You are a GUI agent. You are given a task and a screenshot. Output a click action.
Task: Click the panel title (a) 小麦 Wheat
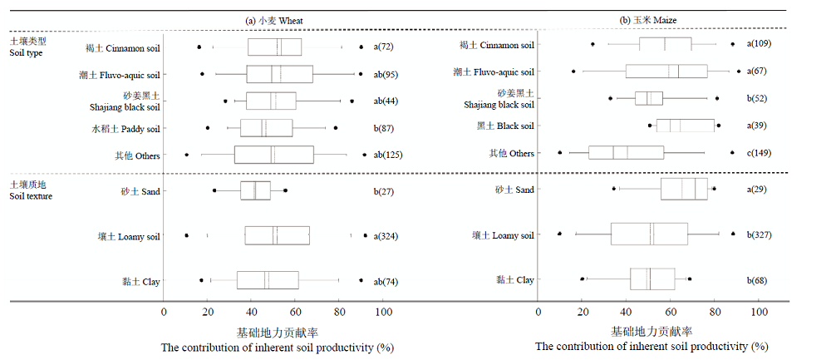click(x=274, y=21)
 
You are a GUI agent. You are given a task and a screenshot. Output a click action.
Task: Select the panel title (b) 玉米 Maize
click(x=648, y=20)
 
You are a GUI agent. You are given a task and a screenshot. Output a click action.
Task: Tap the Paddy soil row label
click(x=125, y=128)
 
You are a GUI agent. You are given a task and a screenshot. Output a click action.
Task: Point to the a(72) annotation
click(x=383, y=47)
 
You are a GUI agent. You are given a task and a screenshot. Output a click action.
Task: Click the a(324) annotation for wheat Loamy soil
click(x=386, y=236)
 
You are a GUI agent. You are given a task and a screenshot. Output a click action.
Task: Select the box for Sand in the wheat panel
click(x=255, y=191)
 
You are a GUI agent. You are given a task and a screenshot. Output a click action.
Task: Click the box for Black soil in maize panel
click(x=686, y=126)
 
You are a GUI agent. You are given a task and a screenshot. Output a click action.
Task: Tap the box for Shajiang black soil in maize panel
click(x=649, y=98)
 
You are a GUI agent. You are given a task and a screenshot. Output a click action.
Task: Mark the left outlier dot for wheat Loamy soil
click(x=186, y=235)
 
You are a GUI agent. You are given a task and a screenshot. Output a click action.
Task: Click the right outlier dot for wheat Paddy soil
click(x=336, y=128)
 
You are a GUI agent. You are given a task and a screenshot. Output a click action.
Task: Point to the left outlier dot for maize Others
click(x=559, y=153)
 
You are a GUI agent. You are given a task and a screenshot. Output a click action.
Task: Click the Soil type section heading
click(x=27, y=47)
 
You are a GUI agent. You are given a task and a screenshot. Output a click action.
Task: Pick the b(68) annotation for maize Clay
click(x=757, y=280)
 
